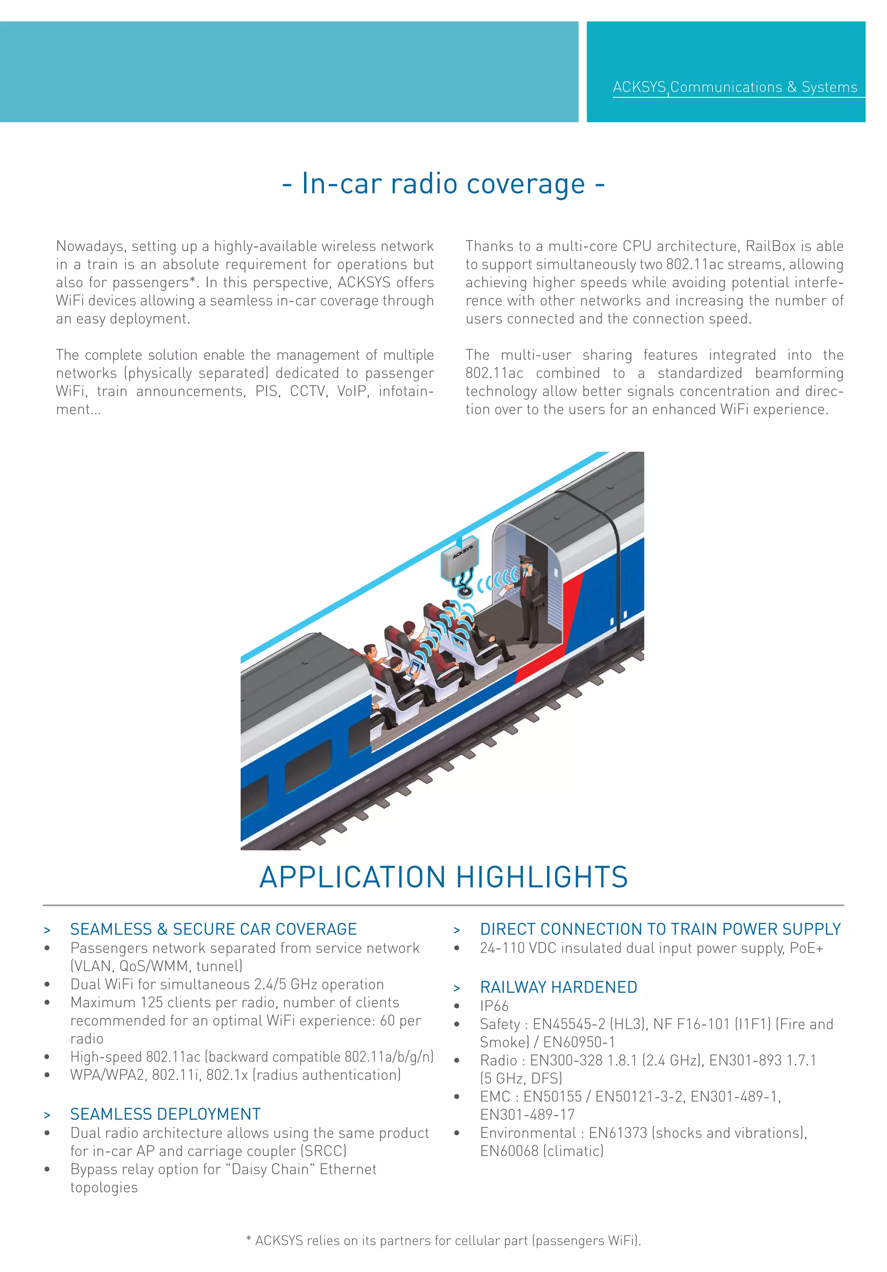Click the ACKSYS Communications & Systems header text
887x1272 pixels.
coord(735,87)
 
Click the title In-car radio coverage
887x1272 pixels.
coord(443,184)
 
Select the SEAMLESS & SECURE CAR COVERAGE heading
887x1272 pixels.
coord(214,929)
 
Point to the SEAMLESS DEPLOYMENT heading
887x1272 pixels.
coord(165,1114)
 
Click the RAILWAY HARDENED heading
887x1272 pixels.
coord(558,987)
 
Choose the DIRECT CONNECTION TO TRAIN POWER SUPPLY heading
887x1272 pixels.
coord(660,929)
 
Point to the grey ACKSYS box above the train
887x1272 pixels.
coord(460,557)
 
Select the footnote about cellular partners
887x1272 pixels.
coord(443,1240)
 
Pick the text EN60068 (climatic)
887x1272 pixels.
coord(542,1151)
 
